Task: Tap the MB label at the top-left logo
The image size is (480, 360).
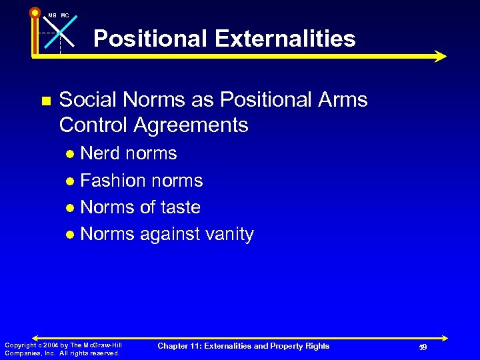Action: (x=51, y=15)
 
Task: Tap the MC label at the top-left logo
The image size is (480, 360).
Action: (x=65, y=15)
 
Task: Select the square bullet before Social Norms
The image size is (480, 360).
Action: (x=45, y=101)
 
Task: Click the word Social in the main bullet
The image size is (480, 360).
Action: (x=86, y=100)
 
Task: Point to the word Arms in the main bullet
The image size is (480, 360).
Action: (x=343, y=100)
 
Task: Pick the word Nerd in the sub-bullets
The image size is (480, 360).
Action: (x=101, y=153)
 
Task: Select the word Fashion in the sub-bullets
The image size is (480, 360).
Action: (x=113, y=181)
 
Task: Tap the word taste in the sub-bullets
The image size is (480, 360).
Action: (x=179, y=207)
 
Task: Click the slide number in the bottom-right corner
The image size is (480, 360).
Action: (x=422, y=347)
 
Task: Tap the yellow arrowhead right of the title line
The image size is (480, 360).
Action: (x=439, y=56)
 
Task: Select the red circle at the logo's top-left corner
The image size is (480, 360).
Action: (x=34, y=12)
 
